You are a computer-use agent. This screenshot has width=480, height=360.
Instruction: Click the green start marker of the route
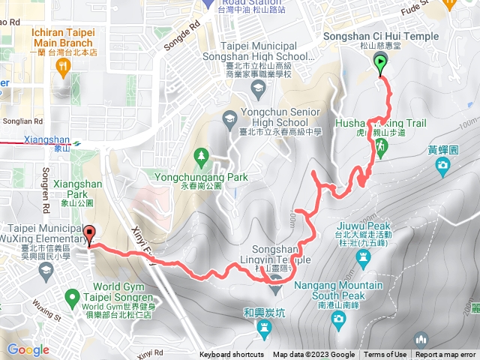[380, 64]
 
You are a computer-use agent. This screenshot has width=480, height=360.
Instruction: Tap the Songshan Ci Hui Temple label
[379, 37]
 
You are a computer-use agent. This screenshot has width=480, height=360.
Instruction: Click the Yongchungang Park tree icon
[200, 157]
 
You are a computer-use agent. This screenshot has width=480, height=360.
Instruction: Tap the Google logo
[28, 349]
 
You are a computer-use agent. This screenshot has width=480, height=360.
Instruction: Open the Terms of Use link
[385, 355]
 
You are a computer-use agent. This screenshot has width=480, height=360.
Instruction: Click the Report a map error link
[445, 355]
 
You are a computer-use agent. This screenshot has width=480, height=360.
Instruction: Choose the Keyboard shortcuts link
[232, 355]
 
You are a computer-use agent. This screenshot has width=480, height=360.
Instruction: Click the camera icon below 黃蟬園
[442, 164]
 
